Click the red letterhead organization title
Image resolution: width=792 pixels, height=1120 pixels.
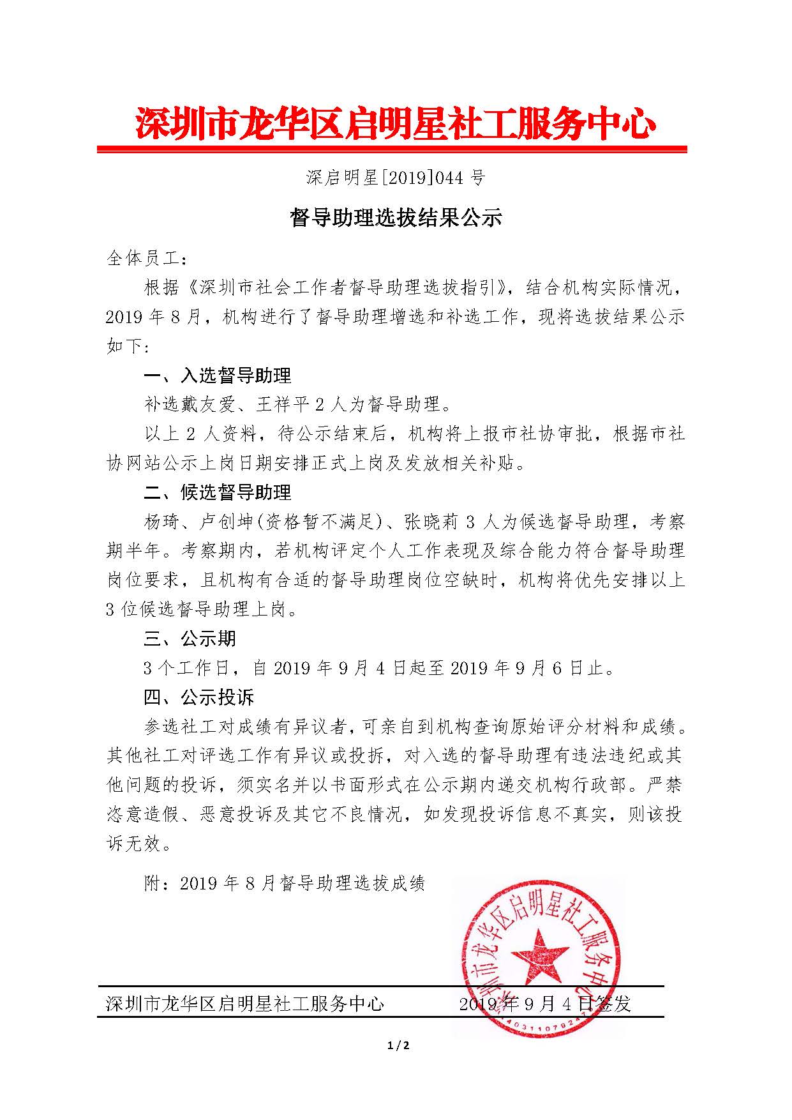coord(396,123)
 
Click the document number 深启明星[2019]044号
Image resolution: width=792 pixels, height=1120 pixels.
coord(396,178)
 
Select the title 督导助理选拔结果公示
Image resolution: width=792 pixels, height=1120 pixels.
coord(396,218)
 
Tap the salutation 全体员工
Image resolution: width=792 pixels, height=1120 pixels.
coord(146,259)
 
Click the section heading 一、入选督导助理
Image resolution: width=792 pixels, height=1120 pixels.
coord(218,375)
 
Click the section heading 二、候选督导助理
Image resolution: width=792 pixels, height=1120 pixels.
coord(218,492)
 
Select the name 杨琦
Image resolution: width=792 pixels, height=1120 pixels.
coord(163,522)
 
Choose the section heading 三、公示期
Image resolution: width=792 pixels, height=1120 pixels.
coord(190,639)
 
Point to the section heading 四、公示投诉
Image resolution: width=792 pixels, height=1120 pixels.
coord(199,697)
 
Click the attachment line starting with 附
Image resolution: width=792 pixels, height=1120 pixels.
coord(285,883)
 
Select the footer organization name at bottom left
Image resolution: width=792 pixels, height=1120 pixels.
coord(245,1004)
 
